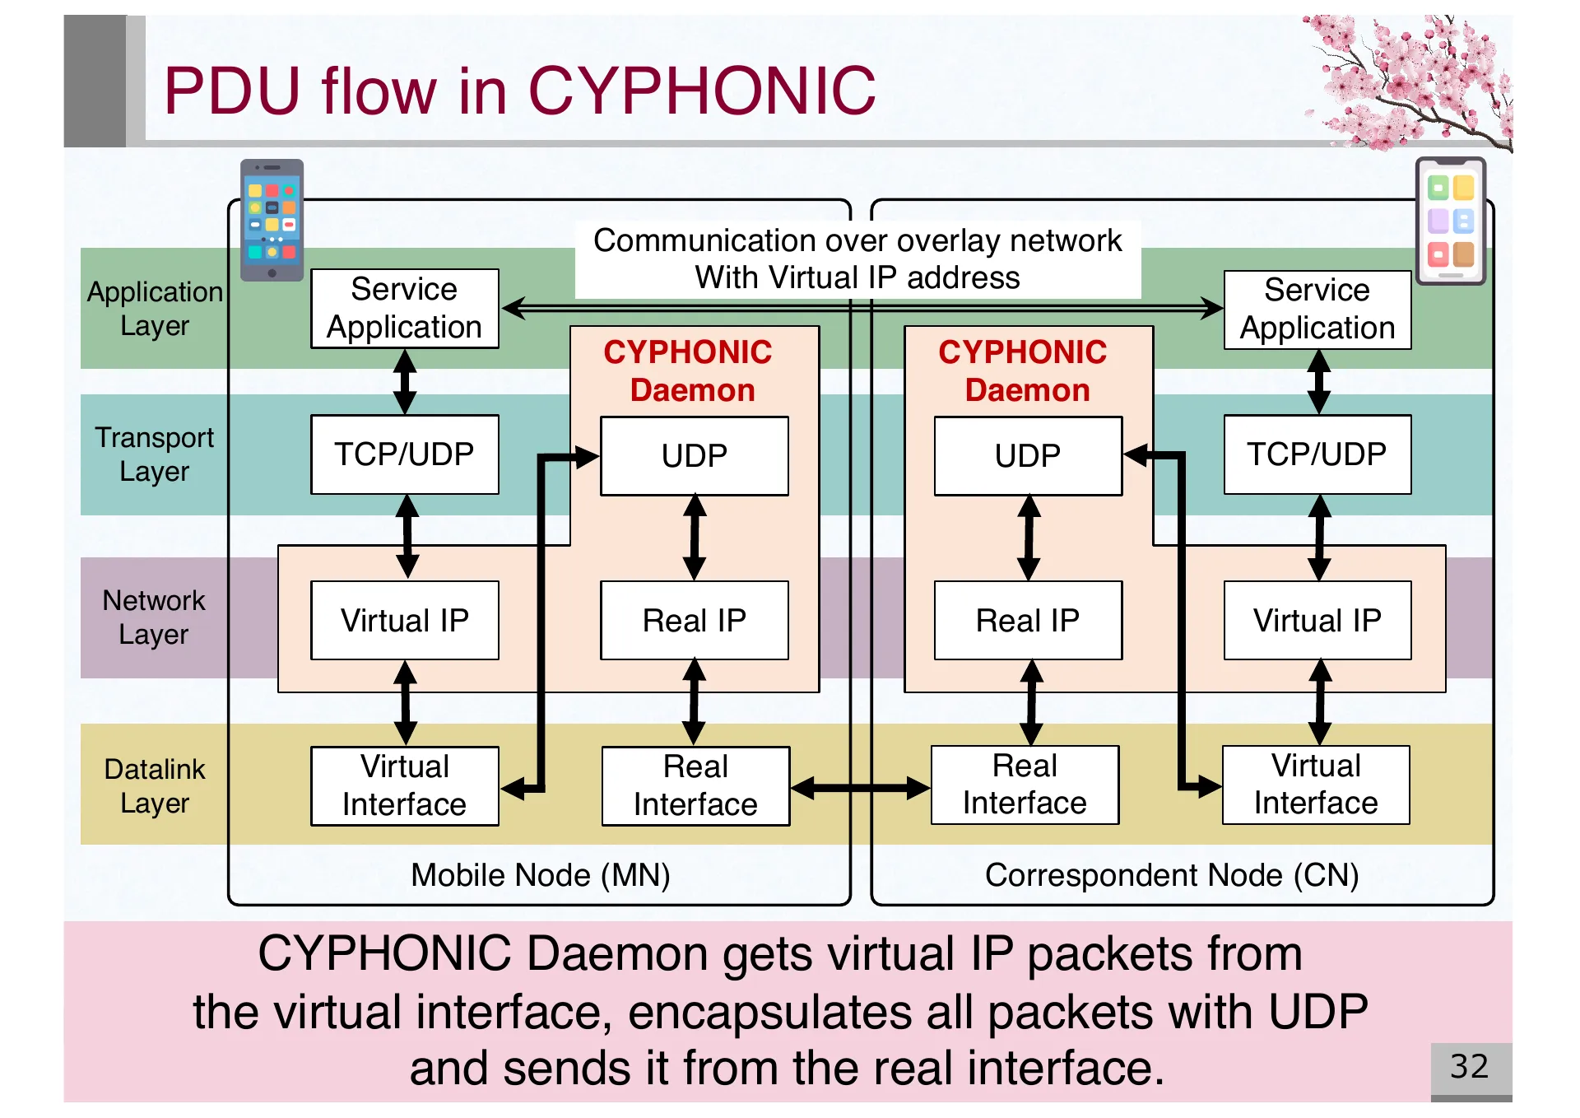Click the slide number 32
pyautogui.click(x=1469, y=1067)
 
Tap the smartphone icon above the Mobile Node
pyautogui.click(x=272, y=219)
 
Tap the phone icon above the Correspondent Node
pyautogui.click(x=1450, y=221)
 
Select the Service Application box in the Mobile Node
pyautogui.click(x=404, y=309)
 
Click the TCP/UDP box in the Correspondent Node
pyautogui.click(x=1317, y=454)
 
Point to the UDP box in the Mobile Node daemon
pyautogui.click(x=694, y=456)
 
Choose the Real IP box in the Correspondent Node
pyautogui.click(x=1027, y=621)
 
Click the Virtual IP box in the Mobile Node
pyautogui.click(x=404, y=621)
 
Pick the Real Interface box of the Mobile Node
pyautogui.click(x=695, y=786)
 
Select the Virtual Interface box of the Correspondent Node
pyautogui.click(x=1315, y=785)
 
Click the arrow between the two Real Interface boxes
pyautogui.click(x=860, y=788)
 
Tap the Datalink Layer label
pyautogui.click(x=155, y=785)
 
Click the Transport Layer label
pyautogui.click(x=154, y=454)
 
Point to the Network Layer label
pyautogui.click(x=154, y=617)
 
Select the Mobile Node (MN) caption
pyautogui.click(x=540, y=875)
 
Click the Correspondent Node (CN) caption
pyautogui.click(x=1171, y=875)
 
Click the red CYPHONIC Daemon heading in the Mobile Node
pyautogui.click(x=690, y=370)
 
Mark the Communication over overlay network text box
pyautogui.click(x=857, y=259)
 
